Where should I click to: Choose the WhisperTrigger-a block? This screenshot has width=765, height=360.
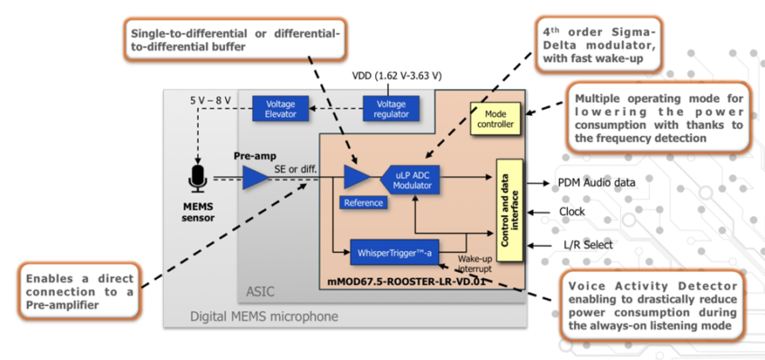tap(393, 251)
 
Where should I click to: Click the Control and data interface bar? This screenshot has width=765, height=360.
tap(508, 210)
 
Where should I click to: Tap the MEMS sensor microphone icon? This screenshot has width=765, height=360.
tap(198, 177)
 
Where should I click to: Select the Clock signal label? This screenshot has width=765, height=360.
tap(572, 212)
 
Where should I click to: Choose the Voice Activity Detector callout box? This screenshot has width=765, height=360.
tap(651, 308)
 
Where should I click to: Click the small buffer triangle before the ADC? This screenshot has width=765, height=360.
tap(357, 177)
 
